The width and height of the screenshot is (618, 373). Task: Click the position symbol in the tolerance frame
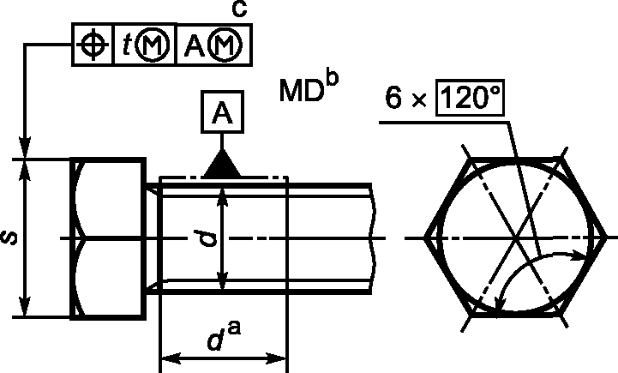(93, 45)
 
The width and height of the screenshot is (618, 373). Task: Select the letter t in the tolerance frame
(126, 45)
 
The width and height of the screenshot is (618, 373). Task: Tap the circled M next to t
(152, 45)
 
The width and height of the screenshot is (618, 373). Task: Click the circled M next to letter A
(225, 45)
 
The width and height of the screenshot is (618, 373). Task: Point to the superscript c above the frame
(239, 9)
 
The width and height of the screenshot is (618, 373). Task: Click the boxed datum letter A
(222, 111)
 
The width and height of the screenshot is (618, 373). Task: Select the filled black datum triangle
(222, 163)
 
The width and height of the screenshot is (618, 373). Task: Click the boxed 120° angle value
(470, 98)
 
